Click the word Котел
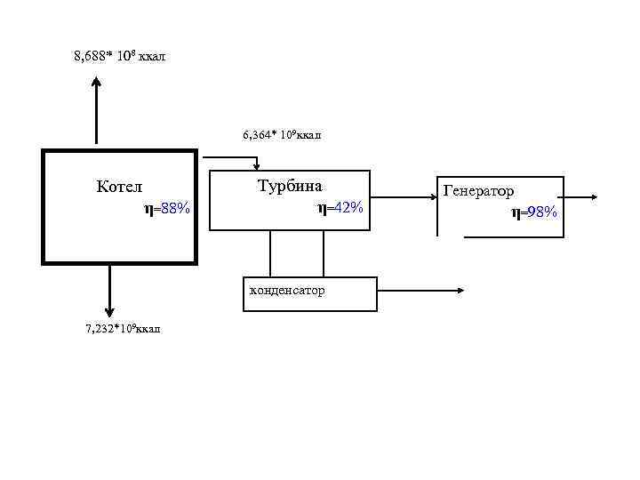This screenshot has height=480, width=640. tap(119, 187)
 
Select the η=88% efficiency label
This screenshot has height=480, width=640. tap(166, 209)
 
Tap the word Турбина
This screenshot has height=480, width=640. tap(290, 187)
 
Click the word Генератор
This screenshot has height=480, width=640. tap(478, 191)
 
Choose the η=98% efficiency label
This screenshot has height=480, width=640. tap(533, 212)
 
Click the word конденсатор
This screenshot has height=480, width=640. tap(286, 291)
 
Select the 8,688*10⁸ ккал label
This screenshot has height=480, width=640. tap(119, 57)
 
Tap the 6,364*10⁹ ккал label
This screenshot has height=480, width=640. tap(282, 135)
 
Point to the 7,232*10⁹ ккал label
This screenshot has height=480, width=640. tap(123, 330)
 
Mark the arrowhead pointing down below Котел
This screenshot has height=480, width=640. tap(109, 311)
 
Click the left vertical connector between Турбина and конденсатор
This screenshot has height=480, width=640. tap(270, 254)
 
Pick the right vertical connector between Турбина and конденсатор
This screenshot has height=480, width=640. tap(324, 254)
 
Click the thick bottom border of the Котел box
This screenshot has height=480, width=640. tap(119, 262)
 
